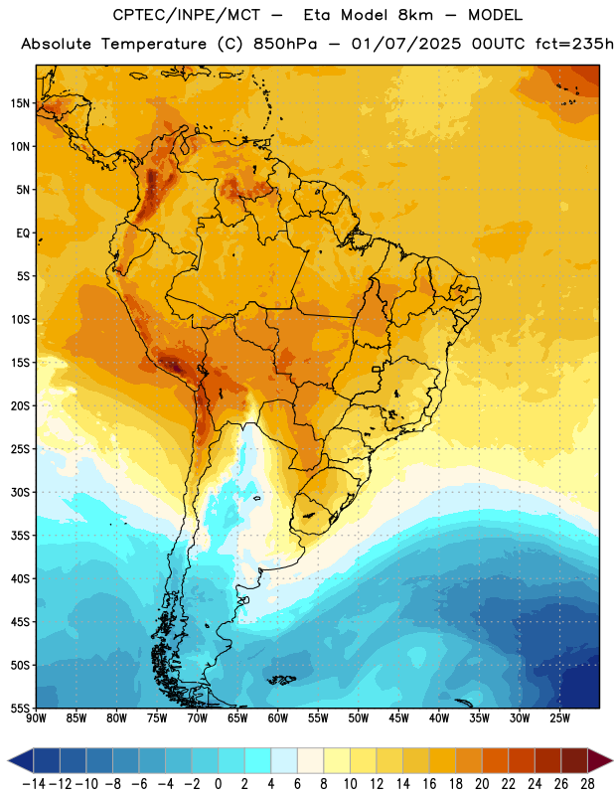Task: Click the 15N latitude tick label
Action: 20,103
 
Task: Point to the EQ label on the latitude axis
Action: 23,234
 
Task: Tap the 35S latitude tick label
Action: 20,536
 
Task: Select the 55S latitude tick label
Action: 20,709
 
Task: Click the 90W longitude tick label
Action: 36,718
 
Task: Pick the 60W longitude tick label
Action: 278,718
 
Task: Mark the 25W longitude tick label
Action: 559,718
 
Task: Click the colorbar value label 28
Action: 587,784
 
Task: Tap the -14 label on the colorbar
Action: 34,784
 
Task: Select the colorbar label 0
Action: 219,784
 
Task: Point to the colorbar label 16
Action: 429,784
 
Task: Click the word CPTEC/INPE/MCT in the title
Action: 186,15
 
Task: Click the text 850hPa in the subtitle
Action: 285,44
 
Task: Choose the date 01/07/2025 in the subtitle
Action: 406,44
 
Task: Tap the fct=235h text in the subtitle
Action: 574,44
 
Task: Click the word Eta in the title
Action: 318,15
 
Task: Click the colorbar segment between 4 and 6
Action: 284,760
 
